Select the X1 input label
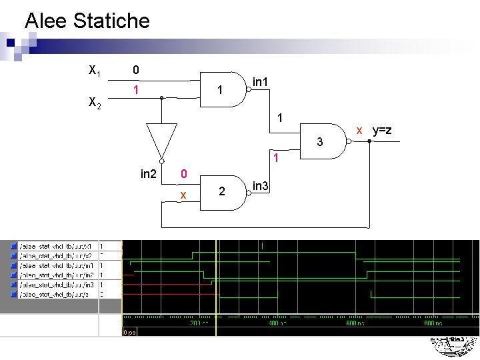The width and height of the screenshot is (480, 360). click(95, 70)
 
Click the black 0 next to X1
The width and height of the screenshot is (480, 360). click(135, 69)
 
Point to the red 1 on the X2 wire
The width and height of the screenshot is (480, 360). click(135, 89)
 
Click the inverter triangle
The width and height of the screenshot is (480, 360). click(161, 139)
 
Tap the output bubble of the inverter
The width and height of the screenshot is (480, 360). click(161, 160)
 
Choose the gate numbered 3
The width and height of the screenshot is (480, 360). click(323, 142)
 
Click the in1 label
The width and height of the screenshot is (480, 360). click(261, 82)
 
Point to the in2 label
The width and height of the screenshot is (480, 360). click(148, 174)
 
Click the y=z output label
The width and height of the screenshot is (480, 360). click(381, 130)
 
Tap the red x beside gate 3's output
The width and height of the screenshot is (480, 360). click(359, 130)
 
